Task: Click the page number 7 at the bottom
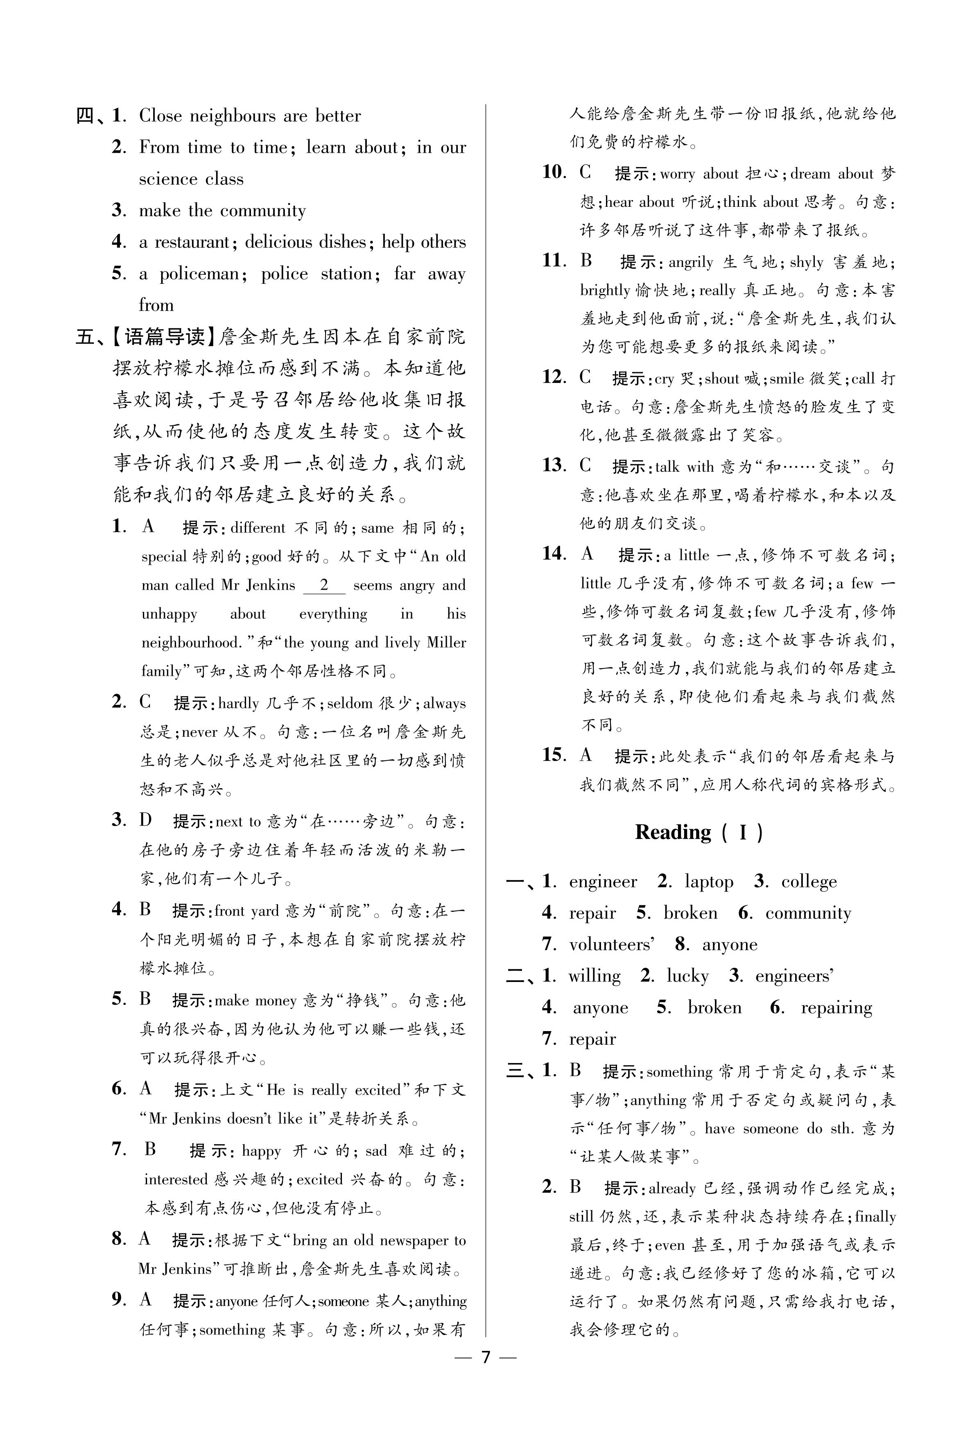coord(486,1387)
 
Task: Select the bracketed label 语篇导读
coord(164,337)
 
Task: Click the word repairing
coord(836,1008)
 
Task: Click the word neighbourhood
coord(190,643)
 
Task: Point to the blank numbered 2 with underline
coord(323,586)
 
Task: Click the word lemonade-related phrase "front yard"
coord(247,910)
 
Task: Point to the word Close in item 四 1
coord(160,116)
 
